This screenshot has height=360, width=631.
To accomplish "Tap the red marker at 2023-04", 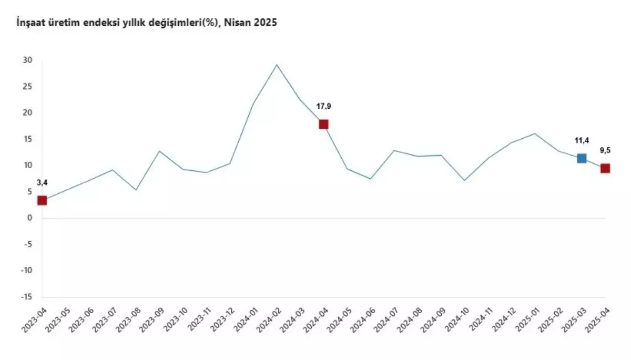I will [x=42, y=200].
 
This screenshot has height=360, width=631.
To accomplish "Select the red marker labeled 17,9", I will [x=323, y=124].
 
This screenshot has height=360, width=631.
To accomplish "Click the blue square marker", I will [x=582, y=158].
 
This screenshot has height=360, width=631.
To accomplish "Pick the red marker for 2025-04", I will [x=605, y=168].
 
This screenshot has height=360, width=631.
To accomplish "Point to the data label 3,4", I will [x=42, y=183].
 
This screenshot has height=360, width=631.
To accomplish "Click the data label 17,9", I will [x=323, y=107].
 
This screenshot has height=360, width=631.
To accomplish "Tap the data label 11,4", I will [x=582, y=141].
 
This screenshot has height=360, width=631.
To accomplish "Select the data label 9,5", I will [x=605, y=150].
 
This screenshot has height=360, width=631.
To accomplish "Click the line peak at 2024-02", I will [x=277, y=65].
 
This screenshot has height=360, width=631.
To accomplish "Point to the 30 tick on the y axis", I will [x=28, y=60].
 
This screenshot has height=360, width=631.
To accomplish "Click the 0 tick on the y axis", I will [x=30, y=218].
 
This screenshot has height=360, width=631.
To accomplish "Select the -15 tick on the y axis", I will [x=26, y=297].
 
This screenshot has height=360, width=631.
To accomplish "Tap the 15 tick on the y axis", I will [x=28, y=139].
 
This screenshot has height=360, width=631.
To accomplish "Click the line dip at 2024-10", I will [x=464, y=180].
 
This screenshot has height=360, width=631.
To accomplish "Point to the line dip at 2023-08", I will [x=136, y=190].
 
